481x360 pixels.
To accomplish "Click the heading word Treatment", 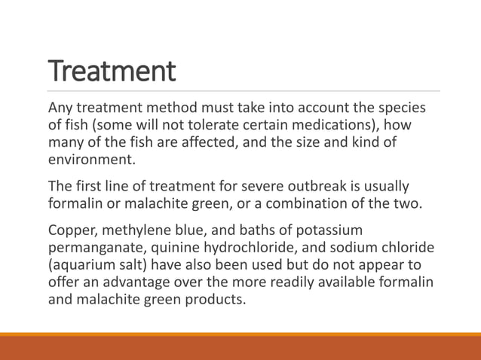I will [x=112, y=72].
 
